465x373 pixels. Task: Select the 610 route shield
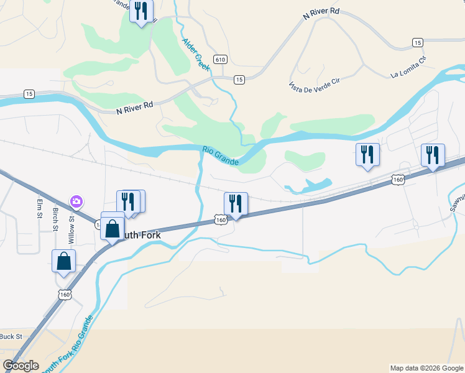coord(220,60)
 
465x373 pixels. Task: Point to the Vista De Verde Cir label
coord(314,86)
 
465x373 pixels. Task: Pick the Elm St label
coord(39,208)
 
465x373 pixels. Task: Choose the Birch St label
coord(55,218)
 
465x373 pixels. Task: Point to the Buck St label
coord(11,336)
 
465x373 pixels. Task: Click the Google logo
coord(21,366)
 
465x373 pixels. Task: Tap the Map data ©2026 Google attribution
coord(426,368)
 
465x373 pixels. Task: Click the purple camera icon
coord(76,201)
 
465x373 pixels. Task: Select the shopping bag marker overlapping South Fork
coord(113,228)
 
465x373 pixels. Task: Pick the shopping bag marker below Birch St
coord(64,261)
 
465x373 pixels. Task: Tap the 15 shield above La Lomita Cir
coord(418,42)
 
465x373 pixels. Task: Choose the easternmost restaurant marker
coord(433,155)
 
